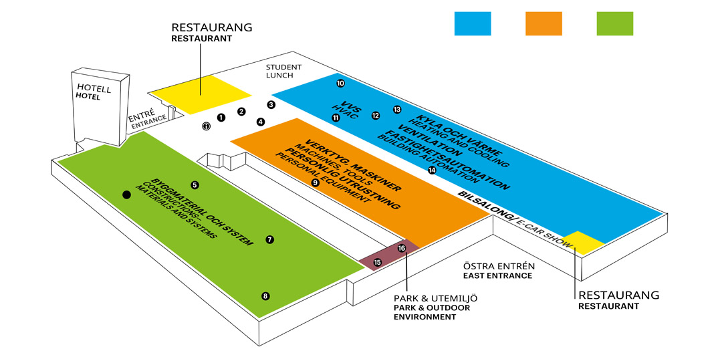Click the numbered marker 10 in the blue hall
pyautogui.click(x=340, y=84)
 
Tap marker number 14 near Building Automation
pyautogui.click(x=432, y=170)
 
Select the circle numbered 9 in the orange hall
pyautogui.click(x=316, y=182)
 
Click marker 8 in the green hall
pyautogui.click(x=265, y=296)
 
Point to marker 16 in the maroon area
pyautogui.click(x=402, y=248)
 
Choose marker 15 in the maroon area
pyautogui.click(x=377, y=262)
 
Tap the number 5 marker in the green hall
pyautogui.click(x=195, y=185)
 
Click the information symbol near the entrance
pyautogui.click(x=207, y=126)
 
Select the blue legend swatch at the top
pyautogui.click(x=473, y=23)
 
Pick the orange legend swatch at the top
pyautogui.click(x=544, y=23)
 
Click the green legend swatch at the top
pyautogui.click(x=614, y=23)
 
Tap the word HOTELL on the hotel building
pyautogui.click(x=94, y=88)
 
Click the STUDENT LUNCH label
pyautogui.click(x=283, y=72)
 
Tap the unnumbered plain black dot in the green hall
pyautogui.click(x=126, y=195)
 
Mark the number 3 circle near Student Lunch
pyautogui.click(x=271, y=104)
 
